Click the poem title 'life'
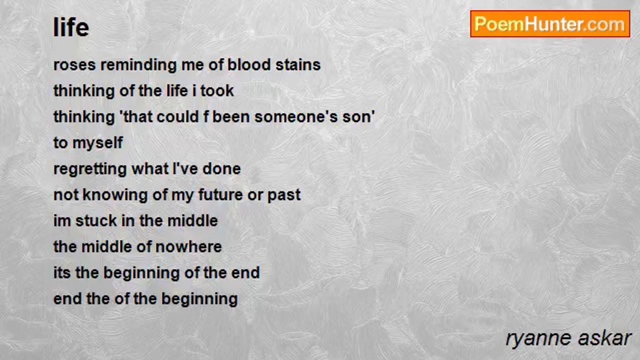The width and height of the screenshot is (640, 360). (71, 27)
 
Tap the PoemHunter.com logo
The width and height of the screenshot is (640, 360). (550, 24)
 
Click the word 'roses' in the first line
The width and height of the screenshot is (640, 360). (74, 65)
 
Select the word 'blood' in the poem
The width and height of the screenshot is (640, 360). (249, 64)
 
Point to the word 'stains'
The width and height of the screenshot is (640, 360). (298, 64)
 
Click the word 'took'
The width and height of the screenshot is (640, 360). (217, 91)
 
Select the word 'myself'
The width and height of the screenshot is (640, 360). (97, 143)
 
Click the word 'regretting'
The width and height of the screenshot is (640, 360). (90, 169)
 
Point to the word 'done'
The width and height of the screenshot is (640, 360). (221, 169)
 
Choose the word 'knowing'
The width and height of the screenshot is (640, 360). (115, 195)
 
